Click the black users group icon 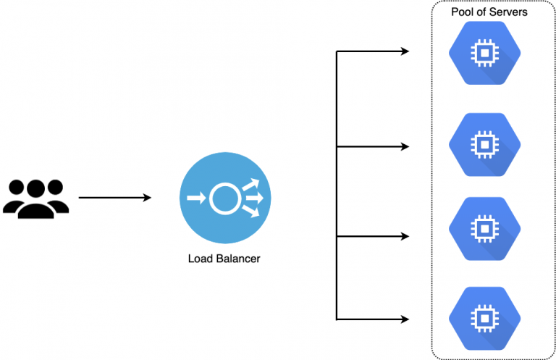(x=35, y=198)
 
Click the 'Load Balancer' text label (x=224, y=258)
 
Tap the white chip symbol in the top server (x=481, y=52)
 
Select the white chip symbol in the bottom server (x=481, y=317)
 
